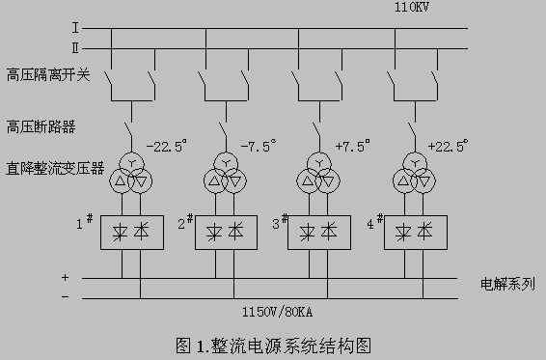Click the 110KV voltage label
point(412,7)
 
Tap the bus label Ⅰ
point(75,28)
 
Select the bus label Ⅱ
point(75,48)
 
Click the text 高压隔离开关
point(48,74)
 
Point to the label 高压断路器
point(41,126)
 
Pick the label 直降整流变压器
point(55,168)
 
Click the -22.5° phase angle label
point(167,146)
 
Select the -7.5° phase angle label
point(259,146)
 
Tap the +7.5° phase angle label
point(352,146)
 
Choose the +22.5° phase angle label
point(449,146)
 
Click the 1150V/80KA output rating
point(278,312)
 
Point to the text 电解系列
point(507,284)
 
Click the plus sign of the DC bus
point(66,277)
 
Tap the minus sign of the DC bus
point(66,297)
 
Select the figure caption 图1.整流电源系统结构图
point(274,346)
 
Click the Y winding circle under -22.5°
point(131,152)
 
